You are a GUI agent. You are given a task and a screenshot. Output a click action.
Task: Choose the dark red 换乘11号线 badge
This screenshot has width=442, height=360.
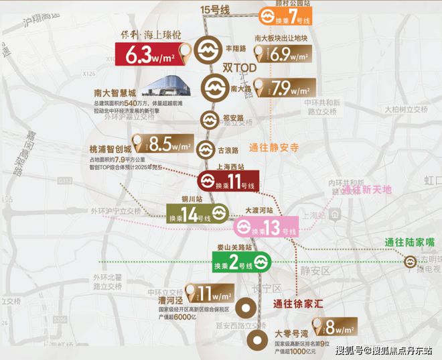[230, 180]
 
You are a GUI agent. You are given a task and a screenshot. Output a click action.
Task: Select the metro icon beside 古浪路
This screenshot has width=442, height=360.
[205, 148]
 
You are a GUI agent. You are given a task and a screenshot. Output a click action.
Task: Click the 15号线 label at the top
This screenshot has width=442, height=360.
[216, 9]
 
